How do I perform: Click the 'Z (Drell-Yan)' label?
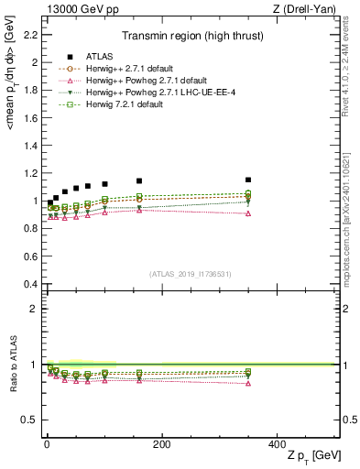tap(309, 9)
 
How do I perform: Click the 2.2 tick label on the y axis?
tap(31, 35)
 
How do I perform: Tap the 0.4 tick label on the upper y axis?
tap(31, 284)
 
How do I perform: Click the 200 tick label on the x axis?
tap(162, 443)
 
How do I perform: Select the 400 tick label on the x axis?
tap(277, 443)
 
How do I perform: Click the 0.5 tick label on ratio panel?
tap(31, 420)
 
